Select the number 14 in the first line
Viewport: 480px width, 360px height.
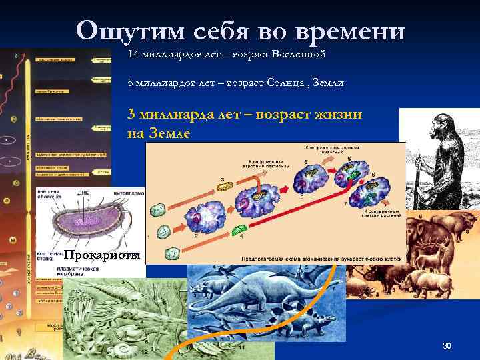[x=132, y=53]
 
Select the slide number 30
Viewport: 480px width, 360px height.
[x=447, y=345]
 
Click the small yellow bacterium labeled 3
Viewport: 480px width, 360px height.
[x=226, y=187]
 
